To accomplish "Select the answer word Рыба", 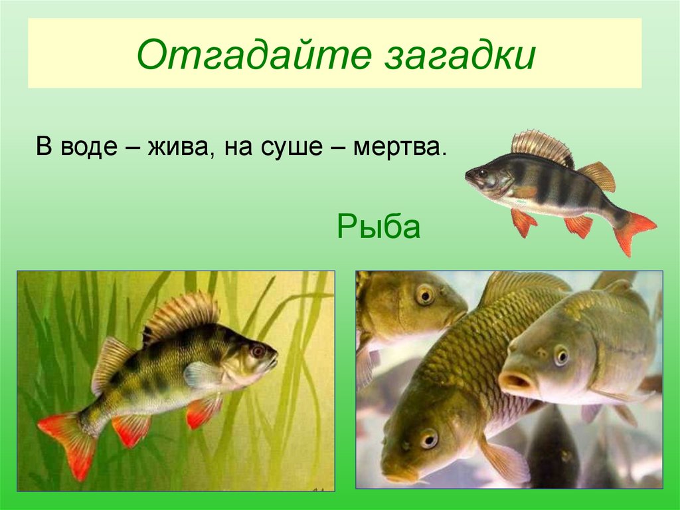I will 379,227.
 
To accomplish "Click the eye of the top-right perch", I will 480,174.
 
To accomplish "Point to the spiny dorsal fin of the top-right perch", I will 541,144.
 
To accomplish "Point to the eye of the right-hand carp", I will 561,356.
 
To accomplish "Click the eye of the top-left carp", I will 424,294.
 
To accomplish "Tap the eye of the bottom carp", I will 428,438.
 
